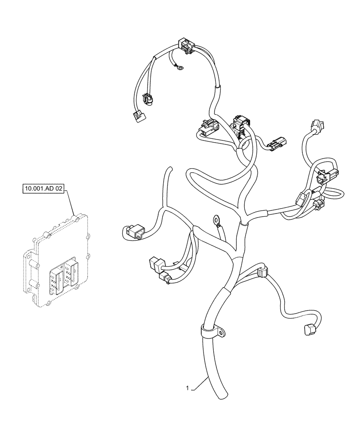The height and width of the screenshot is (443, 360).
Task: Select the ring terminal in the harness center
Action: [217, 218]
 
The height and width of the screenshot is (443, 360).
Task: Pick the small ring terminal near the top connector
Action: [180, 67]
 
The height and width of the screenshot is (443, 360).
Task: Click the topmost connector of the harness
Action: [186, 46]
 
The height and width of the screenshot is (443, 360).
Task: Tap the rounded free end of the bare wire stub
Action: [168, 168]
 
